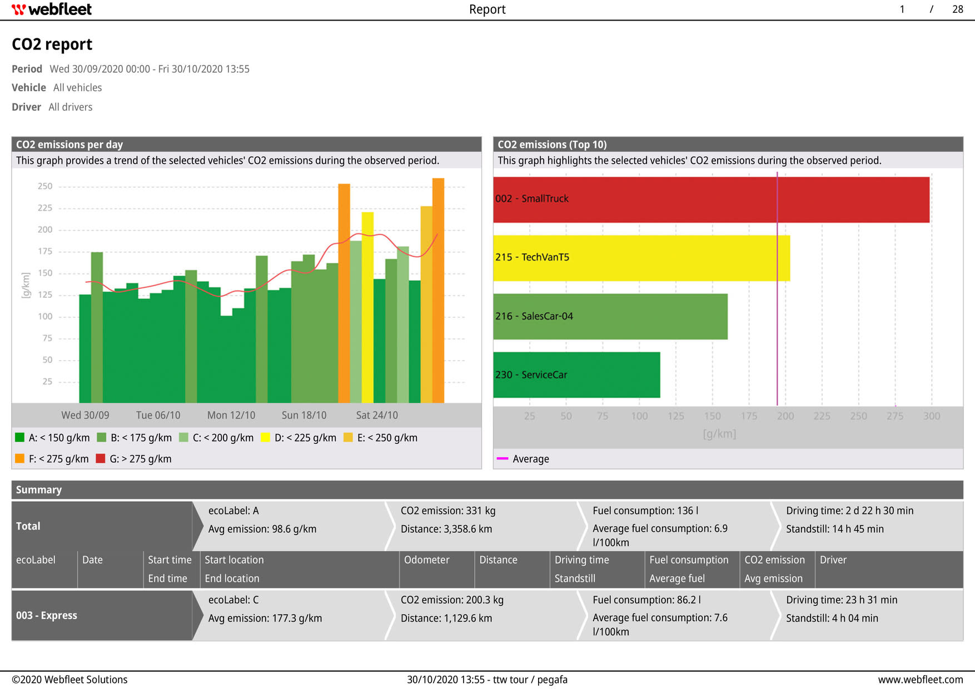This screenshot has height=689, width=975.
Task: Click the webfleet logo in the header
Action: coord(52,9)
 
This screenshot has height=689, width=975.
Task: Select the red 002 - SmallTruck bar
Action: coord(711,200)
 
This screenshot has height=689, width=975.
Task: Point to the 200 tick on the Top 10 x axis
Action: coord(785,416)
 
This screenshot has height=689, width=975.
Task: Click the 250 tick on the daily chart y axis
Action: coord(45,186)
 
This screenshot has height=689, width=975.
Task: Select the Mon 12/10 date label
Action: coord(231,415)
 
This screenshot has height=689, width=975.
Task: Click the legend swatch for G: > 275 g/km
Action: coord(101,459)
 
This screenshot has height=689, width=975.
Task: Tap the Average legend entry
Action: coord(530,459)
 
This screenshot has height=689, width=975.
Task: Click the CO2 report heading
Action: coord(52,44)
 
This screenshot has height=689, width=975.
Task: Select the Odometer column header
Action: coord(426,560)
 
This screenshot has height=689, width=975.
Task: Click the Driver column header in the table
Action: coord(833,560)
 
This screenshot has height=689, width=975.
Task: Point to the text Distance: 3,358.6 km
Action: coord(446,529)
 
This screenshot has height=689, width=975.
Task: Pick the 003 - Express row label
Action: coord(47,616)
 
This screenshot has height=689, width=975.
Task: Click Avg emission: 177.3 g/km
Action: coord(265,618)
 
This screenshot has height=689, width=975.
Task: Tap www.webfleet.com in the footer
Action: coord(920,680)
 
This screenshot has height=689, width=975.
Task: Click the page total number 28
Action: coord(957,9)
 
